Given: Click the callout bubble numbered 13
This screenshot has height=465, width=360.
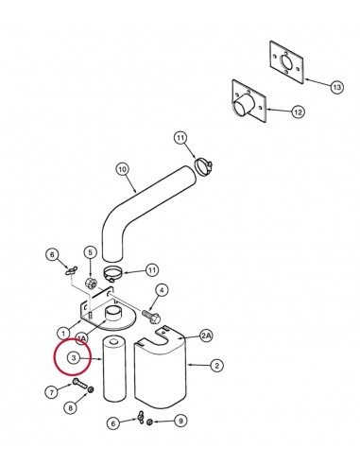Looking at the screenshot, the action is (336, 87).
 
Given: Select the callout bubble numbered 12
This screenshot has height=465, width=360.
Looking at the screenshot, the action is (298, 112).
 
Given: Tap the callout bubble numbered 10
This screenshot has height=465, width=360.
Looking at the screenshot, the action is (123, 169).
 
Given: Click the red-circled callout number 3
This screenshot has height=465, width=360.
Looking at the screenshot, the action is (74, 358).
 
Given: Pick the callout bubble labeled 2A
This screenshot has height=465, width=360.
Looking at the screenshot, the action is (206, 336).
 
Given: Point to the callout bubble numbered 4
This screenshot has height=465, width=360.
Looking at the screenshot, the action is (162, 290).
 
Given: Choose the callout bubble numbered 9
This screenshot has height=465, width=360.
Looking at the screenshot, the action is (180, 421).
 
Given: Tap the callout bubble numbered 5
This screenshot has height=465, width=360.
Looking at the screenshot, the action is (90, 252).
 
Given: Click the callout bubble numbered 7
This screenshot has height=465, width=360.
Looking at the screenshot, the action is (51, 392).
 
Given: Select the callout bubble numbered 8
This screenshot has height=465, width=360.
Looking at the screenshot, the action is (70, 408).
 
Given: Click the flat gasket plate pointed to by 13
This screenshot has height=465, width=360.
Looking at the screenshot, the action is (286, 62).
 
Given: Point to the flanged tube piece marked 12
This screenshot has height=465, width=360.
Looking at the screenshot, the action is (249, 102).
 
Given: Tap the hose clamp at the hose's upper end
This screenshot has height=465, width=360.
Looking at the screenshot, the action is (203, 165).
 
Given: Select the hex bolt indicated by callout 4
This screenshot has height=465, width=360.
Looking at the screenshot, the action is (151, 317).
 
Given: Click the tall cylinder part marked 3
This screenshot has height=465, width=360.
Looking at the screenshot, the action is (114, 369).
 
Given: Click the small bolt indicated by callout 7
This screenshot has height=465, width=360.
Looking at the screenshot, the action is (80, 384).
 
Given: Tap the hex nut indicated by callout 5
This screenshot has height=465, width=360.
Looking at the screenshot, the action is (91, 284).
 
